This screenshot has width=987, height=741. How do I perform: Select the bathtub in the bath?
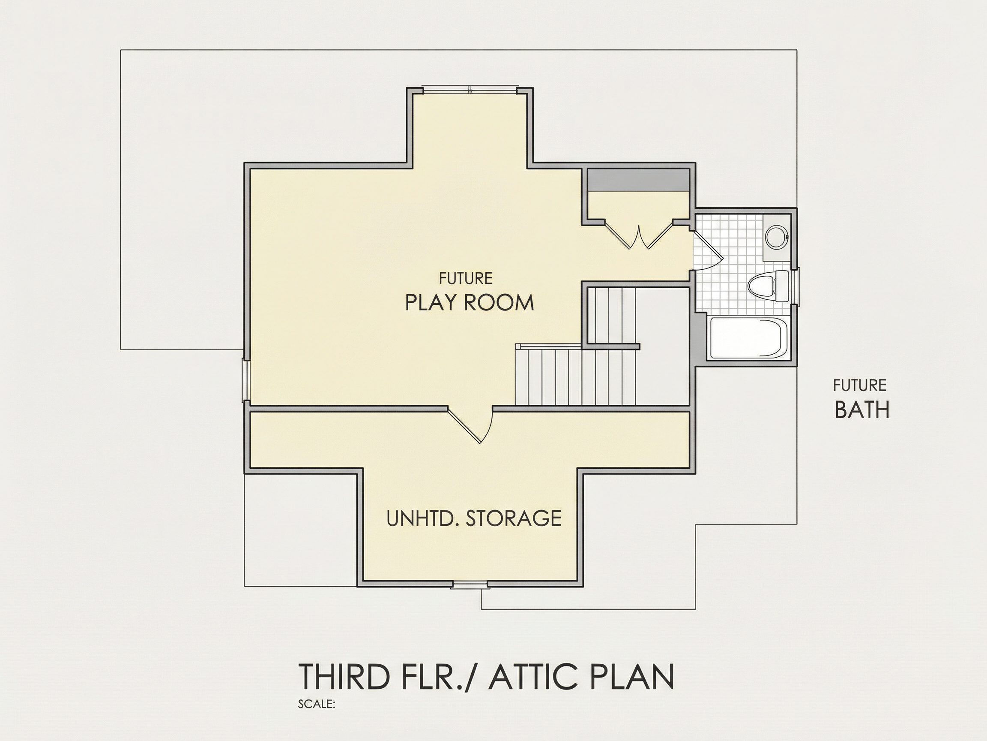coord(748,337)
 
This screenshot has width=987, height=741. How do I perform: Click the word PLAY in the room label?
coord(431,303)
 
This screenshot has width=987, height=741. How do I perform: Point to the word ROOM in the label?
coord(499,303)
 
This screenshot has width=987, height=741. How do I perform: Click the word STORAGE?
coord(514,518)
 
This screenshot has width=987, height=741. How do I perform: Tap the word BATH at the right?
coord(861,410)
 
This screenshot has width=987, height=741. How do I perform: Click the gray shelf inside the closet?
coord(638,180)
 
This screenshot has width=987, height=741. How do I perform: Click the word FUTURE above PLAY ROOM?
coord(466,278)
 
